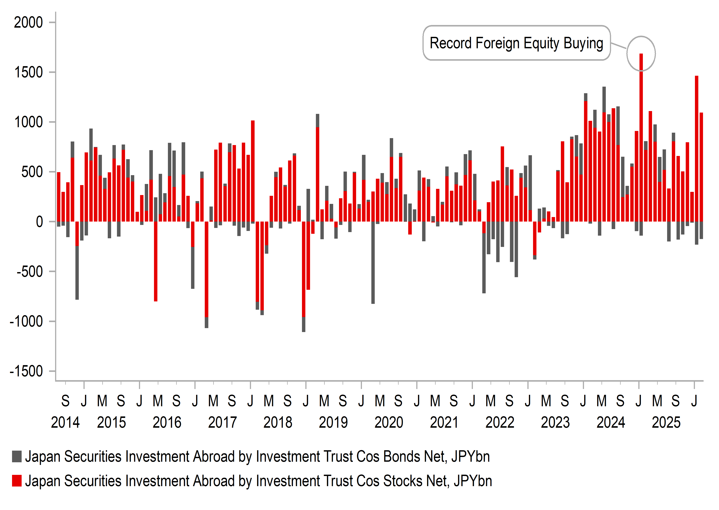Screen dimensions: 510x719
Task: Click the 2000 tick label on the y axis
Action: click(28, 23)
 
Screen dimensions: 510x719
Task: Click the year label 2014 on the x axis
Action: click(65, 422)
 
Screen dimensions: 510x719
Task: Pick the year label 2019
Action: click(333, 422)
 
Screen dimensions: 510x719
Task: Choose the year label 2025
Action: click(666, 422)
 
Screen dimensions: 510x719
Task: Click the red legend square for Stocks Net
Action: click(17, 481)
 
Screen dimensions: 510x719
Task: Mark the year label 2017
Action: click(222, 422)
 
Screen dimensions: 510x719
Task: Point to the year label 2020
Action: click(389, 422)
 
